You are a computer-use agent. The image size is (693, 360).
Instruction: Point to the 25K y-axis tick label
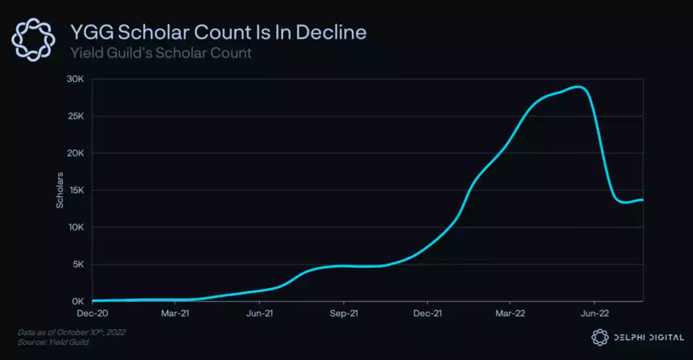tap(76, 116)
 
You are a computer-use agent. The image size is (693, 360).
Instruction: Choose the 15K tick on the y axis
tap(76, 191)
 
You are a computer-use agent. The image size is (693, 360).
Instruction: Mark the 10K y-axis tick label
tap(76, 227)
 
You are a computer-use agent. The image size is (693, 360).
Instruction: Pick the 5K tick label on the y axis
tap(78, 264)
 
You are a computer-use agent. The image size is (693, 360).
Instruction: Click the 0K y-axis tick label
tap(78, 301)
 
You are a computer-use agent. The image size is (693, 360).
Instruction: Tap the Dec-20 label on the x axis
tap(92, 314)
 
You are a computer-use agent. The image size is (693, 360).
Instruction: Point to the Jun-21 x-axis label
tap(260, 314)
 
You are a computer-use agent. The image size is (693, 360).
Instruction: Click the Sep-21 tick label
tap(343, 314)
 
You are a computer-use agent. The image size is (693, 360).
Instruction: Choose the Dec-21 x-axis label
tap(427, 314)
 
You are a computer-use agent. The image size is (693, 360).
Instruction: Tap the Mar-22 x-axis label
tap(510, 314)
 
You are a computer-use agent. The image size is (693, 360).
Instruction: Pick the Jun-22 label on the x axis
tap(594, 314)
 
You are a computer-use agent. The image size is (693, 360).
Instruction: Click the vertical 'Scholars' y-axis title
tap(60, 191)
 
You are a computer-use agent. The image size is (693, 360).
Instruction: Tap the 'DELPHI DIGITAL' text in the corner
tap(647, 338)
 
